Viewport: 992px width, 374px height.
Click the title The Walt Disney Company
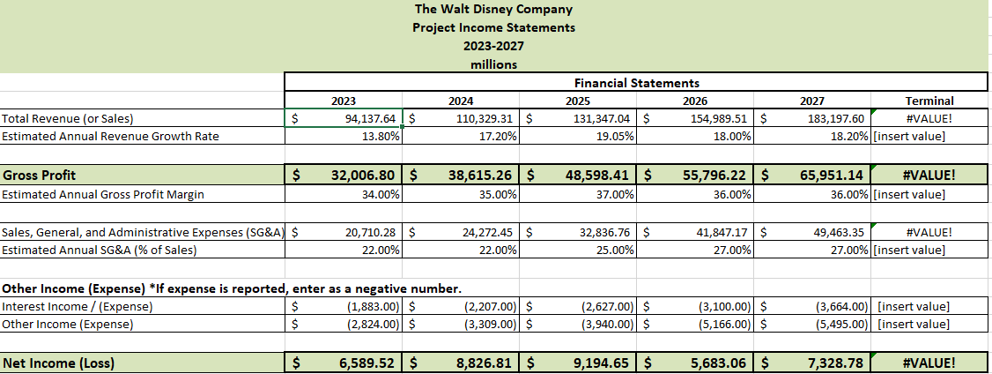click(x=493, y=10)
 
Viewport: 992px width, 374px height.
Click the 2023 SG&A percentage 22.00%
click(x=381, y=251)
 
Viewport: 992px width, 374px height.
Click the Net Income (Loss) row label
click(x=58, y=363)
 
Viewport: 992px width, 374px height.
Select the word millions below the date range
click(x=494, y=64)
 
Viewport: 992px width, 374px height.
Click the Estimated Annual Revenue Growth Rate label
click(x=110, y=136)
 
